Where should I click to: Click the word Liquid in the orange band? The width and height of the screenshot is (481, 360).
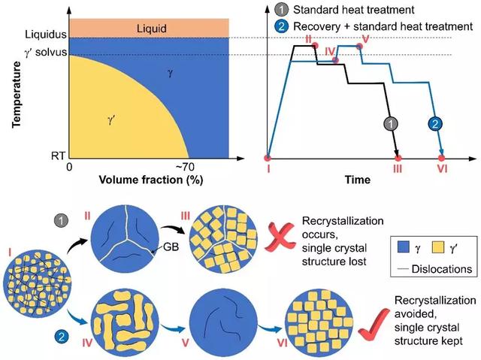pyautogui.click(x=152, y=29)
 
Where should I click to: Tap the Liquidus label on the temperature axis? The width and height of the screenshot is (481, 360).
pyautogui.click(x=46, y=34)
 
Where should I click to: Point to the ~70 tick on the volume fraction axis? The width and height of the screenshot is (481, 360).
pyautogui.click(x=185, y=167)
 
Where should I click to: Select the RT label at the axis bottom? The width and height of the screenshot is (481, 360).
pyautogui.click(x=58, y=156)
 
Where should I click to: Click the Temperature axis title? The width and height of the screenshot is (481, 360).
pyautogui.click(x=17, y=95)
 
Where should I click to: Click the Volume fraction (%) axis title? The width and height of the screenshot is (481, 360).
pyautogui.click(x=151, y=180)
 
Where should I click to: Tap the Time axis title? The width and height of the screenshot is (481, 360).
pyautogui.click(x=358, y=180)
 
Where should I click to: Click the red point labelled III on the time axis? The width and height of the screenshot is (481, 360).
pyautogui.click(x=398, y=159)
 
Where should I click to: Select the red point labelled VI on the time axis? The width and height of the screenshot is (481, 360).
pyautogui.click(x=441, y=159)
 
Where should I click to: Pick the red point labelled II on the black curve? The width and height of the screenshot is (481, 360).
pyautogui.click(x=316, y=46)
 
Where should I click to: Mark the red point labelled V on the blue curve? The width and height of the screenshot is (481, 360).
pyautogui.click(x=360, y=47)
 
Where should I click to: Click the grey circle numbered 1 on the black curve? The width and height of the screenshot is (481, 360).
pyautogui.click(x=391, y=124)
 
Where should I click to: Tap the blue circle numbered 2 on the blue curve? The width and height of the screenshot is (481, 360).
pyautogui.click(x=435, y=124)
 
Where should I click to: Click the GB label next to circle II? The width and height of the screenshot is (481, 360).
pyautogui.click(x=171, y=247)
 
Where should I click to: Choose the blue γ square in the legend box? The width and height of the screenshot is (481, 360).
pyautogui.click(x=403, y=247)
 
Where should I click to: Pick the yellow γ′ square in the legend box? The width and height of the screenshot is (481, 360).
pyautogui.click(x=438, y=247)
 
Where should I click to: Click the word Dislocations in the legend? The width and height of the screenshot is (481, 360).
pyautogui.click(x=442, y=269)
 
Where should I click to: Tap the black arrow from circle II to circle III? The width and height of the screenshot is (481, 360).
pyautogui.click(x=173, y=228)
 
